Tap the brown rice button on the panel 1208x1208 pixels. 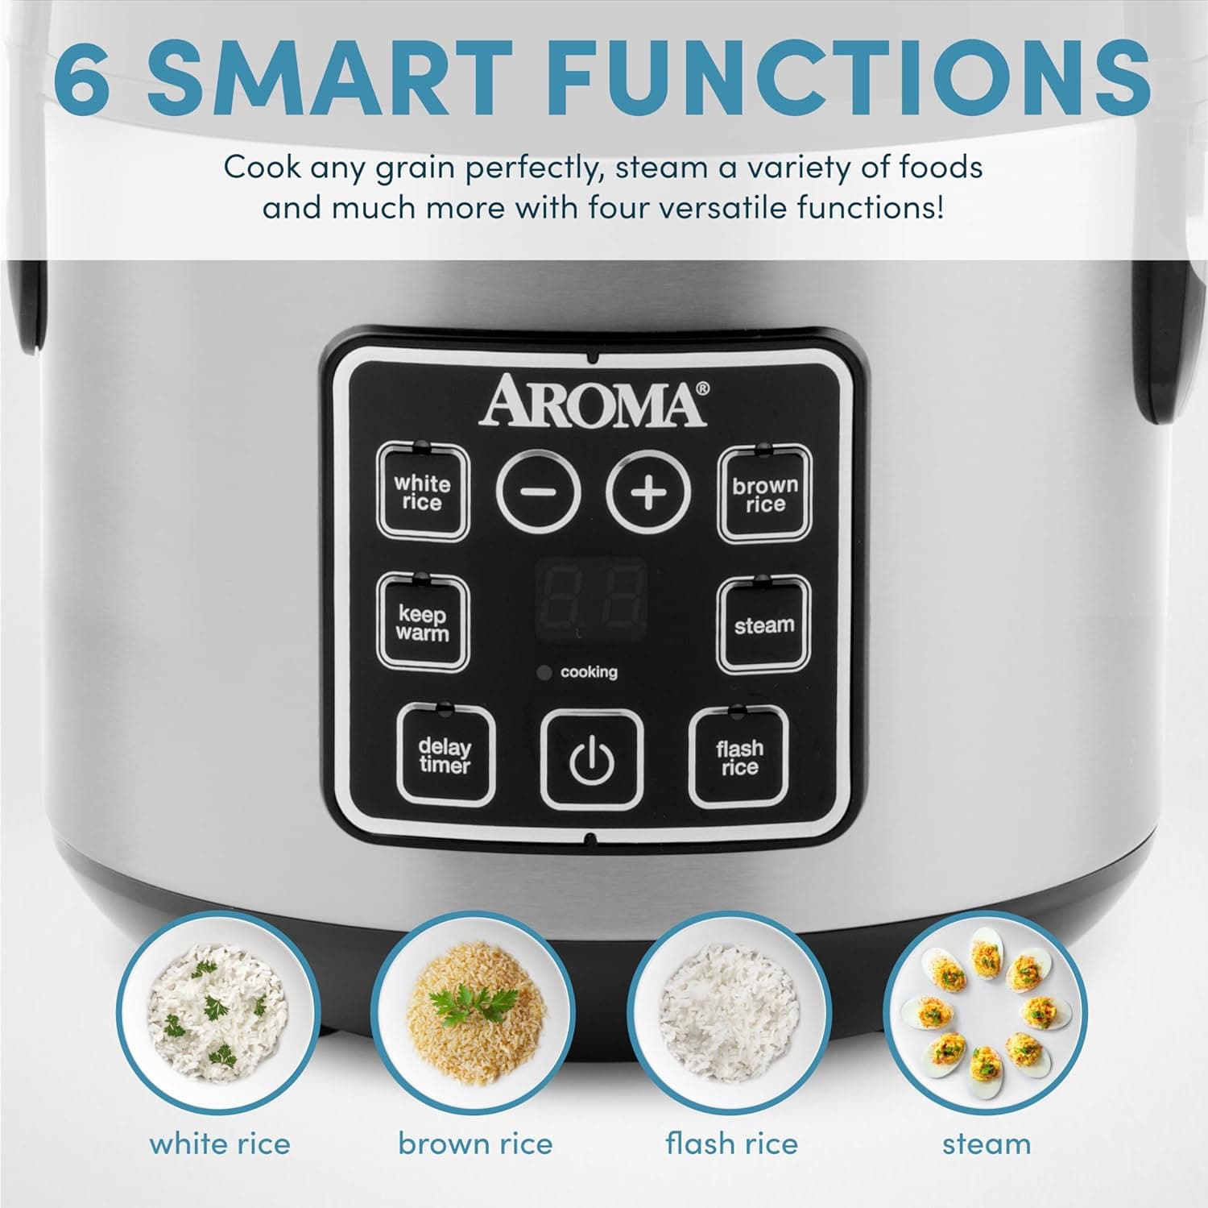[764, 495]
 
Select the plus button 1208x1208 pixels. [648, 491]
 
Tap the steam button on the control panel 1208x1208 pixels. [763, 625]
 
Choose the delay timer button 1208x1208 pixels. [445, 756]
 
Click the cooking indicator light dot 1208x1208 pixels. [544, 672]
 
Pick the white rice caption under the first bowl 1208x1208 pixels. [219, 1144]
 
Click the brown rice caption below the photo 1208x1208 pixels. [475, 1144]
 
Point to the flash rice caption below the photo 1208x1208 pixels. [731, 1144]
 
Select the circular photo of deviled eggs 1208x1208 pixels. [986, 1012]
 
